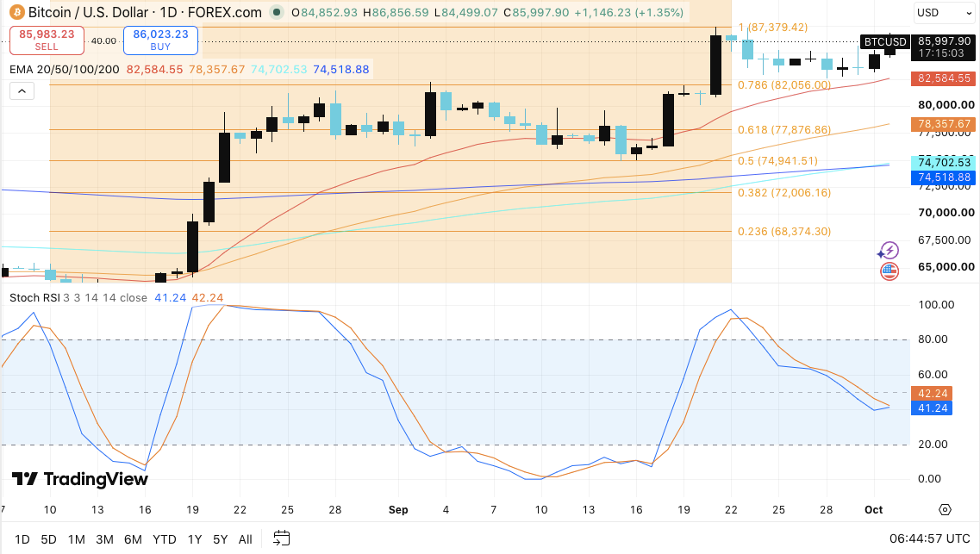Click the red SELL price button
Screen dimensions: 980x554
click(x=47, y=40)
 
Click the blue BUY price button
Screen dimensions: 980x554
click(x=160, y=40)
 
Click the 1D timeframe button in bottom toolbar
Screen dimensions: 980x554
click(x=22, y=539)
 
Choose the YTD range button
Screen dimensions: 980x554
click(x=165, y=539)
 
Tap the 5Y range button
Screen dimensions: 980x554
click(x=220, y=539)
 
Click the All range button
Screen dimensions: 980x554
click(x=246, y=539)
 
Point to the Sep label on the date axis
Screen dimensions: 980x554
click(x=398, y=510)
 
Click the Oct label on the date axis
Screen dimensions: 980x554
click(x=874, y=510)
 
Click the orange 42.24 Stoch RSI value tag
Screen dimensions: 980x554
click(x=933, y=394)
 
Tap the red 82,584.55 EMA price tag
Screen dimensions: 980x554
click(x=944, y=78)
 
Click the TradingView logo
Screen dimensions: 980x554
click(x=80, y=479)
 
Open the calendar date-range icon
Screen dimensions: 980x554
click(x=282, y=538)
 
